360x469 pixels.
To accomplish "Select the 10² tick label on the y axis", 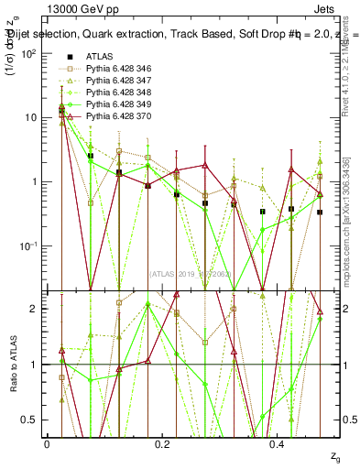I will [x=29, y=53].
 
